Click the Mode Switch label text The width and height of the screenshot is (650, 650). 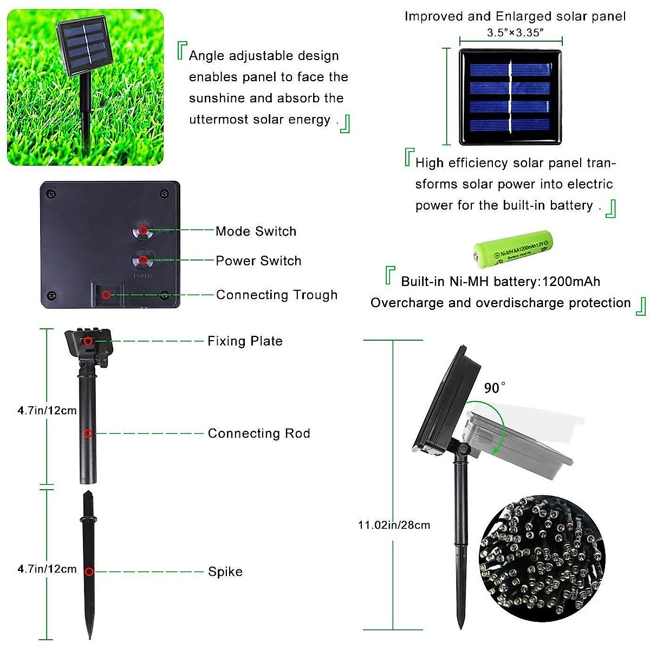pos(256,231)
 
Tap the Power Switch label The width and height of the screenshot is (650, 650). pos(258,261)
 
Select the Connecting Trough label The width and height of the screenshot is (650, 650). pos(276,295)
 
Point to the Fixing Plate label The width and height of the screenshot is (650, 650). pos(245,341)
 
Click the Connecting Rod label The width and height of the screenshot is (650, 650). pos(259,433)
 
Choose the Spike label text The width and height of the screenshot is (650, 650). pos(225,571)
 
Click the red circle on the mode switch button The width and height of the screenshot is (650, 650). pos(143,230)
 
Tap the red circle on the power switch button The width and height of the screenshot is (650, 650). pos(143,261)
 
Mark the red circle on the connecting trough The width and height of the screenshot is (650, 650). pos(107,295)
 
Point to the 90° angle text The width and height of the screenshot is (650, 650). pos(495,388)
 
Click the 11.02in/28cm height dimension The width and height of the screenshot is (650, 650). pos(394,525)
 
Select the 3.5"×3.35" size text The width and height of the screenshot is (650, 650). pos(515,32)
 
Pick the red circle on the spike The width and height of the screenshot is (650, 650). pos(89,571)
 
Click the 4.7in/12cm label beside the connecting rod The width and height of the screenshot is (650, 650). pos(47,411)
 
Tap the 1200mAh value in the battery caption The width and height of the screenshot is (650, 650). pos(571,282)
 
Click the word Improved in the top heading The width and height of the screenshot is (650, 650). pos(434,16)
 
